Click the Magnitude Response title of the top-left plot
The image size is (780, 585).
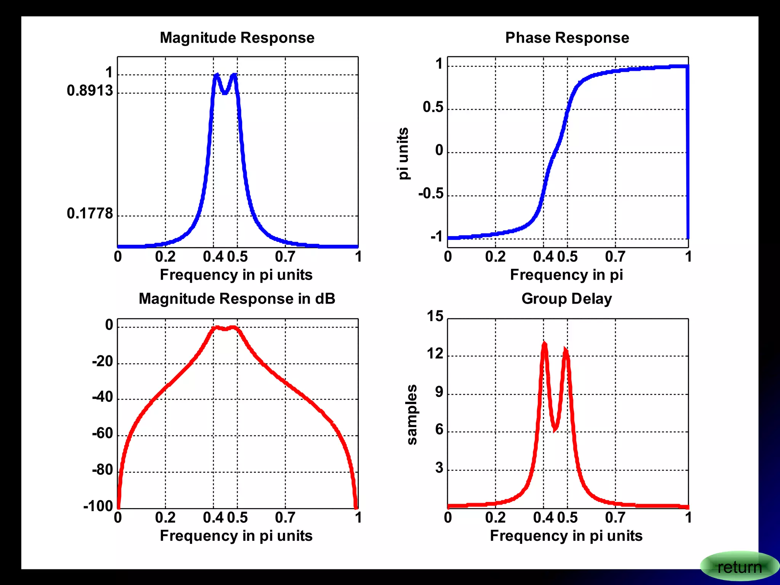pos(237,38)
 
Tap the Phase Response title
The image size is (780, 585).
pos(567,38)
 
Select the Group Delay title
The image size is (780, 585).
pos(566,299)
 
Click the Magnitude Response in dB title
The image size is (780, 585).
pos(237,299)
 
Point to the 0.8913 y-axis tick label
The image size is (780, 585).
pos(90,91)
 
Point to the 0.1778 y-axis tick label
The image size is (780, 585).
pos(90,214)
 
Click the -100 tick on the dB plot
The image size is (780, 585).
pos(98,506)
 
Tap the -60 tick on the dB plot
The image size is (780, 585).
pos(102,433)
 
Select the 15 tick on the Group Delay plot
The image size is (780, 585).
pos(435,316)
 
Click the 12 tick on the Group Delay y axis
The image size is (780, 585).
pos(435,354)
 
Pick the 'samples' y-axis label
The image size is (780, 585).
pos(412,414)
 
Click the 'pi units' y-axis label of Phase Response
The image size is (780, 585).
pos(403,153)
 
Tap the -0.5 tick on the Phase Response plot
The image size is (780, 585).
pos(431,193)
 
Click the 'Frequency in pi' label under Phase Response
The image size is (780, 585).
pos(566,275)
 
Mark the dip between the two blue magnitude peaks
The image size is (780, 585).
pos(225,92)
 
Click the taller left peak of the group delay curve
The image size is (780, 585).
pos(544,344)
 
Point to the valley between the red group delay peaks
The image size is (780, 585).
pos(555,429)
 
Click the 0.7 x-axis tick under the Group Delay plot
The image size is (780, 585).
pos(615,518)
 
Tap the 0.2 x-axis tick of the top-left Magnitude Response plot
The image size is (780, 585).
pos(165,257)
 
